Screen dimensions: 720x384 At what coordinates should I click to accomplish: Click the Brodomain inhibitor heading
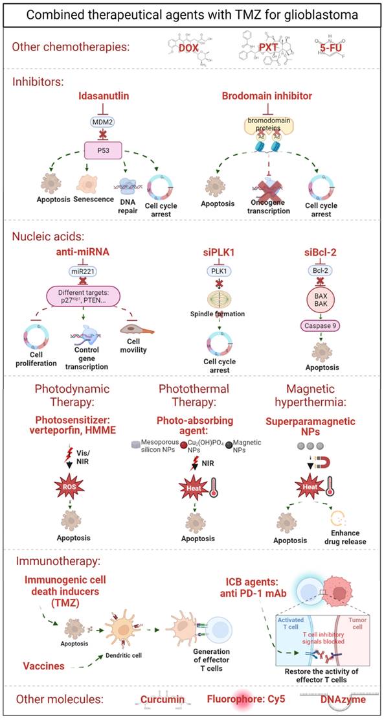(x=282, y=95)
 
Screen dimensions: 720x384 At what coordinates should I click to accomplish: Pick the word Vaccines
(x=46, y=666)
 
